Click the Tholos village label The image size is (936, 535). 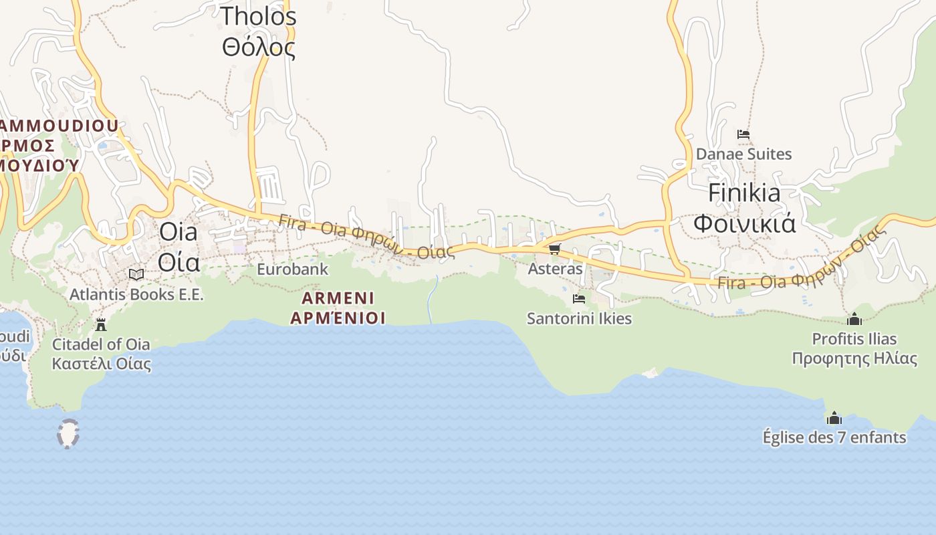259,31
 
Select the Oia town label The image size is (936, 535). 179,246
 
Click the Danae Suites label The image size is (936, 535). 743,154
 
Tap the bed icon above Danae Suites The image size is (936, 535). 743,134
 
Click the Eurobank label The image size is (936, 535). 293,269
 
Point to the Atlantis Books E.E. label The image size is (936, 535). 136,294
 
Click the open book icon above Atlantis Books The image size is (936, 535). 136,274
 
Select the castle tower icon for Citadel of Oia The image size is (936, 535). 101,325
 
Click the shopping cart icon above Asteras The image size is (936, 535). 554,249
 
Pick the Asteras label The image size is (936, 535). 555,269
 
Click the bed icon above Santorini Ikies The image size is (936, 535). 579,299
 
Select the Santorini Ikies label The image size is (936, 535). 579,318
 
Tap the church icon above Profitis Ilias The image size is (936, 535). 854,319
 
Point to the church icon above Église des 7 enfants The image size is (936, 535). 834,418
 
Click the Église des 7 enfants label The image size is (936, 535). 834,437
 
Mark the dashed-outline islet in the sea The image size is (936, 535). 68,433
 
